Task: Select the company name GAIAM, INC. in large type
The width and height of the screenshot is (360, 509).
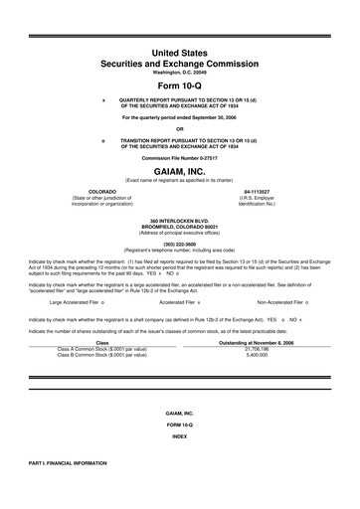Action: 180,171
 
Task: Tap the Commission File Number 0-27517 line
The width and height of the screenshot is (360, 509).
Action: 180,157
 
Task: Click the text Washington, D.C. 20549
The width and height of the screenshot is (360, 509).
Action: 180,73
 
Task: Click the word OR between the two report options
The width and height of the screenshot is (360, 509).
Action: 180,128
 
